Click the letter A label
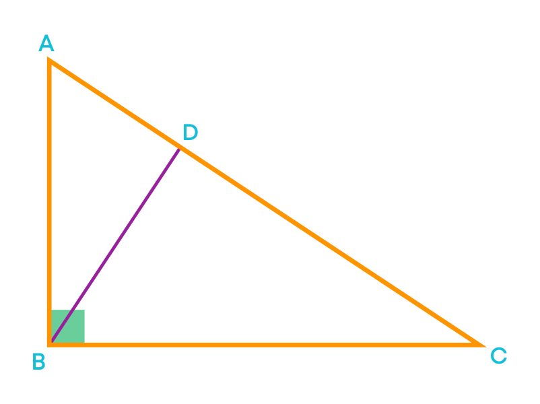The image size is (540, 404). click(46, 42)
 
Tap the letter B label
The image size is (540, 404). click(39, 362)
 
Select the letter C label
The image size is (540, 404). click(499, 356)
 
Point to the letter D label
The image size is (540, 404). click(191, 132)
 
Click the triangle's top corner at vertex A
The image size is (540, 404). click(48, 59)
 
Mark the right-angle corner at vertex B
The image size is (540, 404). click(49, 345)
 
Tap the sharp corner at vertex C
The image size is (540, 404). click(484, 346)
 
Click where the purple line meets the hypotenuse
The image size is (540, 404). click(179, 148)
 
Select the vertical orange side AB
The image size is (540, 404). click(49, 201)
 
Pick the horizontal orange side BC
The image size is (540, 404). click(266, 345)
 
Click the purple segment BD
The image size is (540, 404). click(115, 245)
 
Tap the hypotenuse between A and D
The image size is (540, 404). click(114, 103)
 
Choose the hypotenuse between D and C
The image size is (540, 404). click(333, 247)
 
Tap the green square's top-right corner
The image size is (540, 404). click(84, 310)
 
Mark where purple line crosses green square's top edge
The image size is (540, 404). click(72, 310)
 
